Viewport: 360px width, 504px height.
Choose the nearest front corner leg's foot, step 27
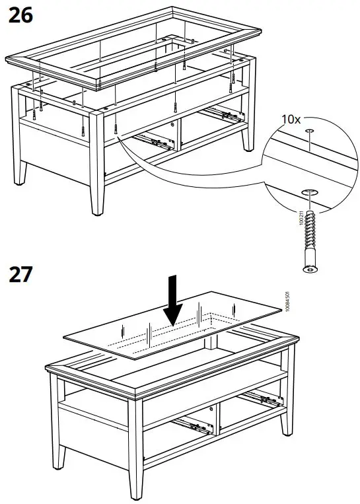(x=137, y=497)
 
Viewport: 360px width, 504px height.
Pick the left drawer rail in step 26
(x=152, y=140)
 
